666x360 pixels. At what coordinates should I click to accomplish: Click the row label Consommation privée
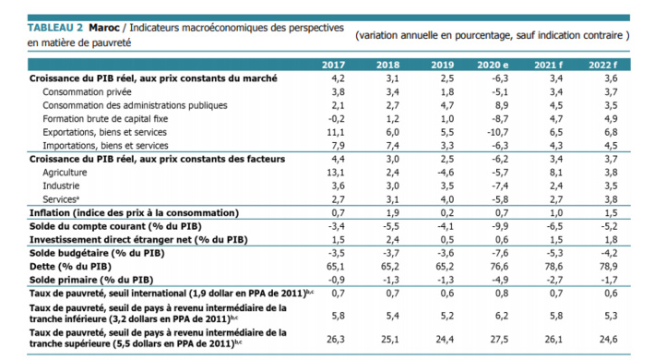[88, 92]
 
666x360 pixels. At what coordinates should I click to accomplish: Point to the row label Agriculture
[65, 172]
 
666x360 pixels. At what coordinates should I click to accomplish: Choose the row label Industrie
[61, 185]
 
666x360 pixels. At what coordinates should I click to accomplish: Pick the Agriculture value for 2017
[337, 172]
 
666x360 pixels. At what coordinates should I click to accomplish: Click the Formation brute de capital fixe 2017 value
[337, 119]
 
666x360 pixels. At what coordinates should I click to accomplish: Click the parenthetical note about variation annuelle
[491, 34]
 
